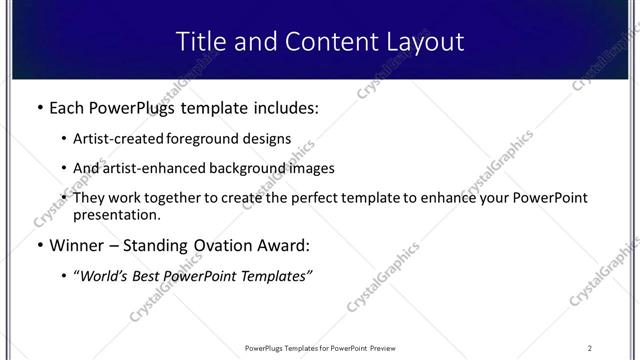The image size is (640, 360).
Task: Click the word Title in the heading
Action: [199, 42]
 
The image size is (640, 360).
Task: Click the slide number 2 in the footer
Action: [590, 348]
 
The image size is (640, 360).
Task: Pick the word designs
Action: [267, 139]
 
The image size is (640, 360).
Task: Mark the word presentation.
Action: [116, 215]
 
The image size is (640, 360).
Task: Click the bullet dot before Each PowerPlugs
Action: [39, 107]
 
